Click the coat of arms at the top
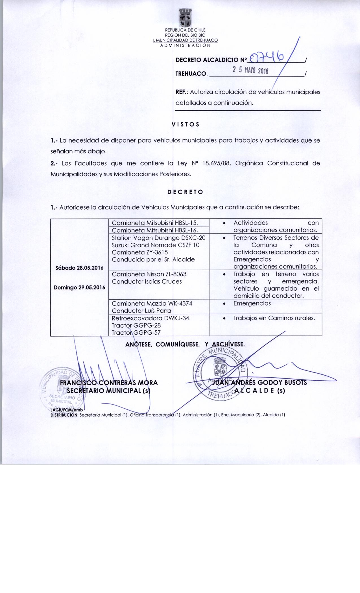click(186, 18)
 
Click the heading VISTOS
click(186, 124)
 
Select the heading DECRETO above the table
click(185, 192)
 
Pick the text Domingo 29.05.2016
click(79, 287)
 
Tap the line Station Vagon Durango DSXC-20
click(158, 237)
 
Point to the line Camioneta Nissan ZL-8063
click(149, 274)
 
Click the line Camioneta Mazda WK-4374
click(152, 303)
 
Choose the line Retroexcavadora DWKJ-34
click(150, 318)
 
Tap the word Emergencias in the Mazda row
click(252, 303)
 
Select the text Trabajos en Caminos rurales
click(274, 318)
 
